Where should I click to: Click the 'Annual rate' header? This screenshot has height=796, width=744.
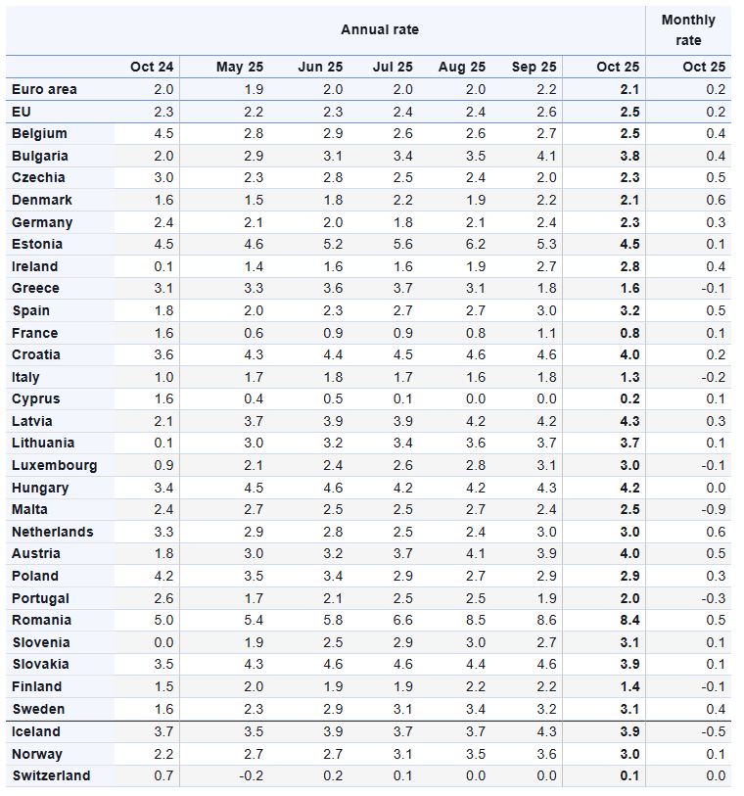point(380,29)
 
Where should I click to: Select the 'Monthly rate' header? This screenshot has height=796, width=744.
point(688,30)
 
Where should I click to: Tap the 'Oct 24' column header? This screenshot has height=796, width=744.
point(152,67)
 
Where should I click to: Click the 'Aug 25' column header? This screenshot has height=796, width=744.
point(461,67)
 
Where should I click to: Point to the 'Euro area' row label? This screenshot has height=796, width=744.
point(44,89)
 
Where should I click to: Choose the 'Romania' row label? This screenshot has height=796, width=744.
point(41,620)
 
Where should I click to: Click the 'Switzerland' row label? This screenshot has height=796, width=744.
point(51,775)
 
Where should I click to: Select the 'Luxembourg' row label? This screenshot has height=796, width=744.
point(54,465)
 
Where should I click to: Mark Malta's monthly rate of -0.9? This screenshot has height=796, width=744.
point(715,509)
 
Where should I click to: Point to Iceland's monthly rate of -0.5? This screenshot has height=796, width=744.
point(715,731)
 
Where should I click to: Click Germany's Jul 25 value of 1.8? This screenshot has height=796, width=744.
point(401,222)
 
